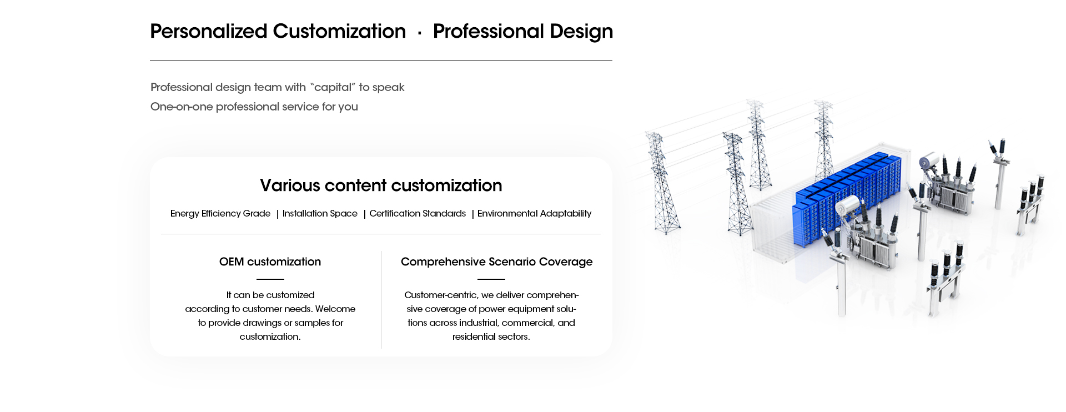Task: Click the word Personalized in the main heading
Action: [x=209, y=31]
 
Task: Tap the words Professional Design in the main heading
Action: [x=523, y=31]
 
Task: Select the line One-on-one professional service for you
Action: [x=254, y=107]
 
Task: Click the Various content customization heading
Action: [x=381, y=185]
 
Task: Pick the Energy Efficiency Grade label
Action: [x=220, y=213]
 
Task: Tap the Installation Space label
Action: [x=320, y=213]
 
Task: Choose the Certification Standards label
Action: [x=418, y=213]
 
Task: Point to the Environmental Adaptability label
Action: [x=534, y=213]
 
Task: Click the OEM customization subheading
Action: [x=270, y=262]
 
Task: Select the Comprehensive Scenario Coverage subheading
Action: [x=497, y=262]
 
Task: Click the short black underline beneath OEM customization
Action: [x=270, y=279]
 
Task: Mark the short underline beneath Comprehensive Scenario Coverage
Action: [x=491, y=279]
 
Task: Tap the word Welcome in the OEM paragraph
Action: [x=335, y=309]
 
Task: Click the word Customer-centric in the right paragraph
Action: [x=441, y=295]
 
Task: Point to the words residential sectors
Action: [x=491, y=336]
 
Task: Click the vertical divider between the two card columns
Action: [x=381, y=300]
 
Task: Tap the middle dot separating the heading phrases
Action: [x=420, y=33]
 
